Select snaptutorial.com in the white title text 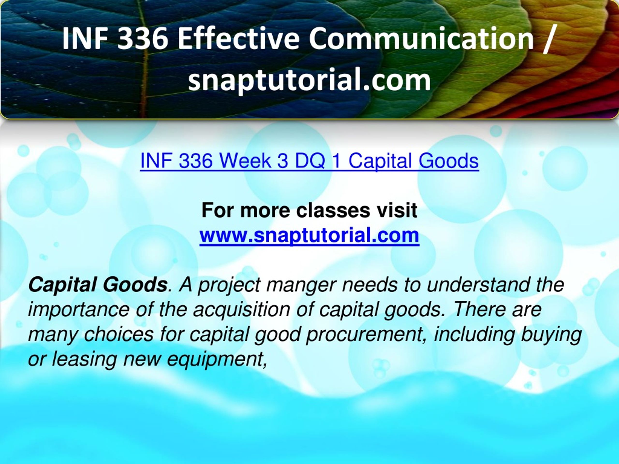pyautogui.click(x=309, y=80)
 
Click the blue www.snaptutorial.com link pyautogui.click(x=309, y=235)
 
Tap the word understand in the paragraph pyautogui.click(x=478, y=285)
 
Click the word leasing pyautogui.click(x=84, y=359)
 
